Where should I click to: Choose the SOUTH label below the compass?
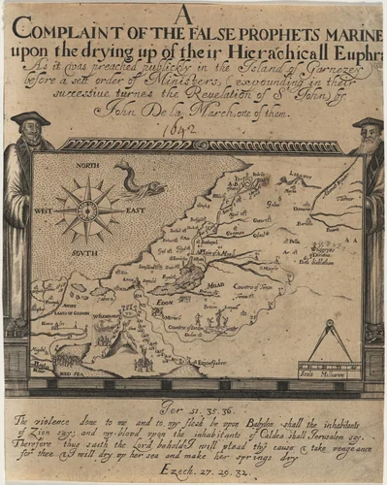[x=88, y=246]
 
